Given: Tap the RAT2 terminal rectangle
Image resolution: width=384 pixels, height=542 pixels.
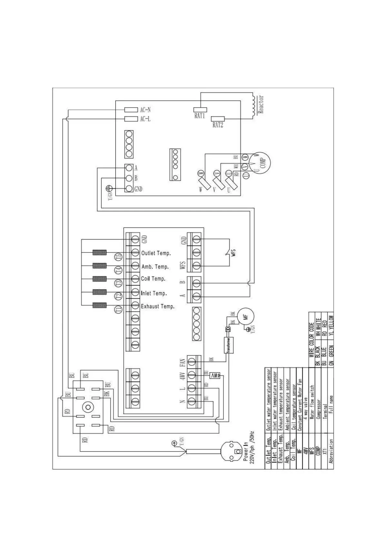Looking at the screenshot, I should (x=218, y=119).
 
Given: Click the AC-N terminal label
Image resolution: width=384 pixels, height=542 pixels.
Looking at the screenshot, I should (x=145, y=110).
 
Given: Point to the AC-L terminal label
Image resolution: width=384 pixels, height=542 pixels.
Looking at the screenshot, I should (x=145, y=119).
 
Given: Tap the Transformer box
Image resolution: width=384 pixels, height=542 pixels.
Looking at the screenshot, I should (x=228, y=345).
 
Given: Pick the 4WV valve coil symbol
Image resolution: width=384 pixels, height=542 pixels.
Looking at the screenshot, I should (x=215, y=375).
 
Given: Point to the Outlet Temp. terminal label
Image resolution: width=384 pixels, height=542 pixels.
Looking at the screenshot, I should (x=156, y=253).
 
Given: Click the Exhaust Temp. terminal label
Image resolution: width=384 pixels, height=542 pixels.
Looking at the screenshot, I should (x=158, y=306).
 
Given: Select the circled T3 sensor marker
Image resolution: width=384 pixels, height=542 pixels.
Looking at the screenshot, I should (x=119, y=283).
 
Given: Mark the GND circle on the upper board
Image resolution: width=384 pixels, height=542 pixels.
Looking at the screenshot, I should (x=129, y=189).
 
